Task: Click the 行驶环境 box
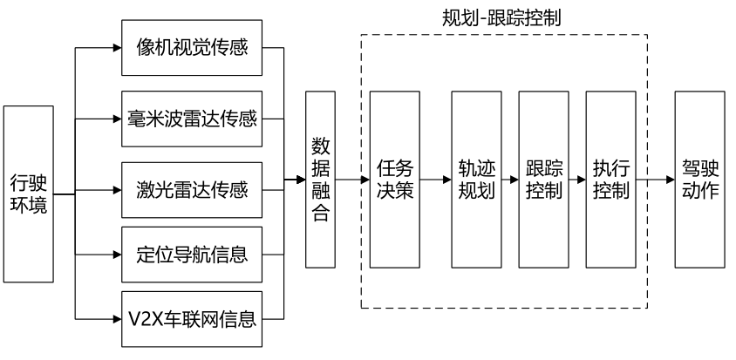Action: (x=29, y=194)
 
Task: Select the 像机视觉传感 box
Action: (x=192, y=46)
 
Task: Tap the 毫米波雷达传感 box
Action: (x=192, y=117)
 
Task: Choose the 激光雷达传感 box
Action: (x=192, y=187)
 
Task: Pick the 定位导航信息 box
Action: (x=192, y=256)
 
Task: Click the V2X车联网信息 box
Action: (x=192, y=317)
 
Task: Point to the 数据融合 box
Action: (x=320, y=179)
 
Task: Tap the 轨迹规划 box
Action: (x=477, y=179)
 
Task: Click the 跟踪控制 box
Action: (x=544, y=179)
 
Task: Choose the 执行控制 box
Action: (x=611, y=179)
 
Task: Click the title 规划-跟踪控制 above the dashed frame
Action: (x=504, y=16)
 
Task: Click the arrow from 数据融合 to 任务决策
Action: (x=352, y=180)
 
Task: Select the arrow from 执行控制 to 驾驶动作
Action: (x=655, y=180)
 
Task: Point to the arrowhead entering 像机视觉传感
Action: (x=117, y=46)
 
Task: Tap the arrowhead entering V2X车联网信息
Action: (x=117, y=317)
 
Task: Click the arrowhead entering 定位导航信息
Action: (x=117, y=256)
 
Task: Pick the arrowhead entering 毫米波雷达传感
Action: (x=117, y=117)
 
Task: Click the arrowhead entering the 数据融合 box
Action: (x=301, y=180)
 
